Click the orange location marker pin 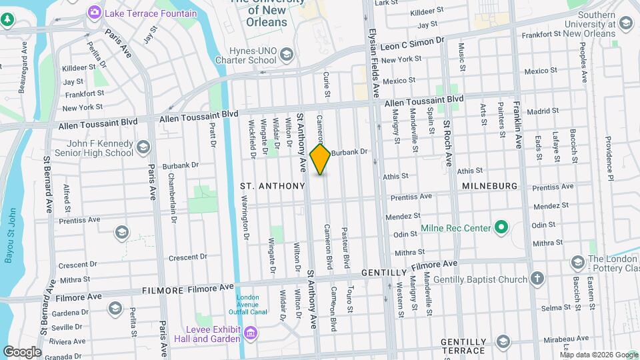321,159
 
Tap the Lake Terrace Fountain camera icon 94,13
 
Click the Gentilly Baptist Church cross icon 538,279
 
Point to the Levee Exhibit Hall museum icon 250,332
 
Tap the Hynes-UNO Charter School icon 286,54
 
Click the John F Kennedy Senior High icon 143,147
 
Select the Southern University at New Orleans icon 625,24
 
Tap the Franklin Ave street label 517,123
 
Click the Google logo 21,351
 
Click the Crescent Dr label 189,257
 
